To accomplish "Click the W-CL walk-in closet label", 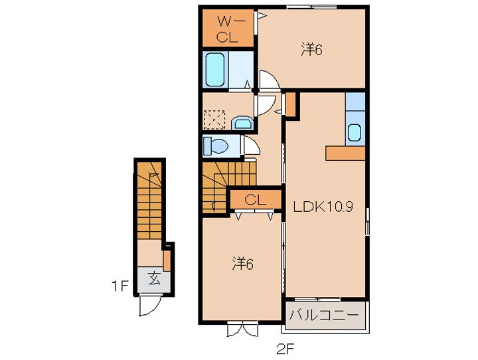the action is point(228,29).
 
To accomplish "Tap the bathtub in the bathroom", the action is point(215,70).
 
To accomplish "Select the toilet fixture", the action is point(216,146).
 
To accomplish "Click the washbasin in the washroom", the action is point(242,123).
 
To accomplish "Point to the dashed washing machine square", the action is point(214,120).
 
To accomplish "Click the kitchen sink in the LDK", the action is point(355,132).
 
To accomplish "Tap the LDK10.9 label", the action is point(323,207).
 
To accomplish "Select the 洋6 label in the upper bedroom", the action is point(311,49).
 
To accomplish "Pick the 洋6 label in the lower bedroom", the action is point(243,264).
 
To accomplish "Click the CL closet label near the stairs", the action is point(255,200).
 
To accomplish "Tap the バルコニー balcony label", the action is point(324,315).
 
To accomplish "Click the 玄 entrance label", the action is point(154,278).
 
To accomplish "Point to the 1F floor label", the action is point(119,286).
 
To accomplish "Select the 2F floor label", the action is point(285,349).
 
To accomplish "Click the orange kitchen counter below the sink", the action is point(345,153).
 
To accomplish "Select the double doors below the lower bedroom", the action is point(243,329).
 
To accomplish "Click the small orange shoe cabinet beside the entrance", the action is point(167,260).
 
